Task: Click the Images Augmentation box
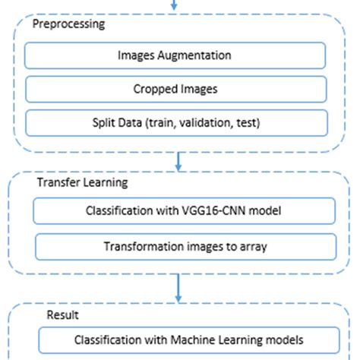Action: tap(175, 55)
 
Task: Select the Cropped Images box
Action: tap(175, 89)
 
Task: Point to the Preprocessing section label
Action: tap(68, 24)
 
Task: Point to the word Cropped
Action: tap(153, 89)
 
